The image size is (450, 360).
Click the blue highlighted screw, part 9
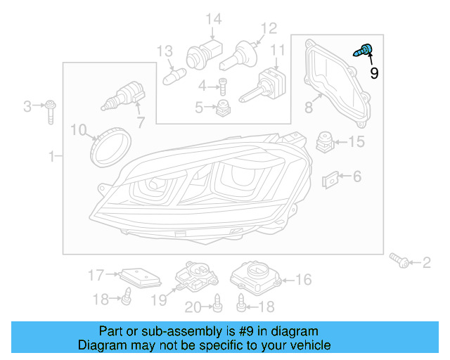coord(365,50)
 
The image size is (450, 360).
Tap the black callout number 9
coord(374,72)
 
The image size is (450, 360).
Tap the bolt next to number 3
coord(51,110)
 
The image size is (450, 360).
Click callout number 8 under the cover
coord(309,108)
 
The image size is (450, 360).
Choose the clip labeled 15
coord(324,142)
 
